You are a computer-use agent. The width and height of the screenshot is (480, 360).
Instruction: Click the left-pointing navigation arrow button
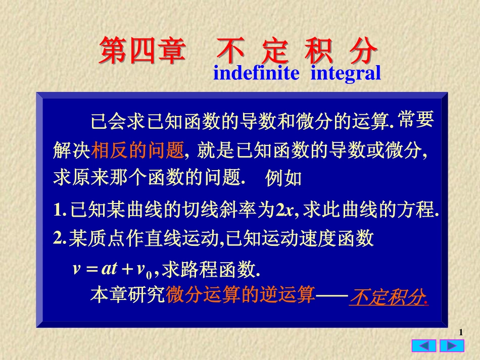pos(423,346)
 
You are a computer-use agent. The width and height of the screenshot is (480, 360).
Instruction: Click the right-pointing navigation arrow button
pos(452,346)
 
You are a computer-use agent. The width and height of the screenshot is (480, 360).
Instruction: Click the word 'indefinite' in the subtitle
pos(256,74)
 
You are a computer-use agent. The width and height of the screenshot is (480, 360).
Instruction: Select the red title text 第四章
pos(141,50)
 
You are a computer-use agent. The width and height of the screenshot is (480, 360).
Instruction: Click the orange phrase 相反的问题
pos(137,150)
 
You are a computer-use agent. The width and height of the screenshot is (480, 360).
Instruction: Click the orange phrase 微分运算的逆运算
pos(240,295)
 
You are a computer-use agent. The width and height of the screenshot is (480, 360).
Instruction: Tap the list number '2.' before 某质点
pos(60,238)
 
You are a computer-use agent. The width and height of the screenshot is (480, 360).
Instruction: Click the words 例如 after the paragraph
pos(283,178)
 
